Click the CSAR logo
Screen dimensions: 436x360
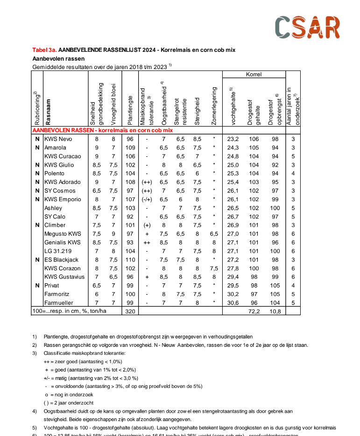pos(307,28)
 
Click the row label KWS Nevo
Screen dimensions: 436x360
pos(58,139)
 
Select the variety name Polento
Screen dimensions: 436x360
pos(55,174)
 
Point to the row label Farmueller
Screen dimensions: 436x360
pos(58,302)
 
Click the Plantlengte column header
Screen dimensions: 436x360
pos(130,109)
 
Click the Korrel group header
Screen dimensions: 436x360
pos(254,74)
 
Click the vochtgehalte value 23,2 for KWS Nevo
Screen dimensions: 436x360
pos(233,139)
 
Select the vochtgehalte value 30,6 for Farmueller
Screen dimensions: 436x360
pos(233,302)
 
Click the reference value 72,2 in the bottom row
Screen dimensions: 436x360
pos(254,311)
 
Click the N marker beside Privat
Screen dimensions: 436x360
pos(37,285)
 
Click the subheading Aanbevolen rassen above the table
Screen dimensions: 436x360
pos(58,59)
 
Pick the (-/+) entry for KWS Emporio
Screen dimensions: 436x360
pos(147,199)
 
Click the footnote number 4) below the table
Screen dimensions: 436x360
pos(35,411)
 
